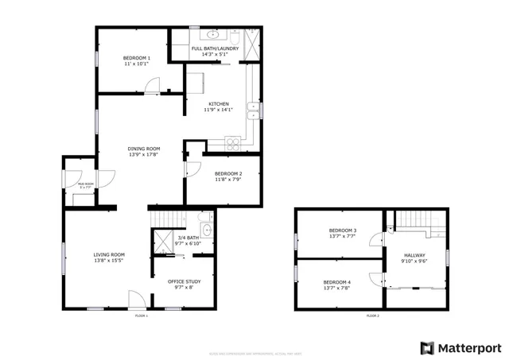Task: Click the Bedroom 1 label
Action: pos(137,58)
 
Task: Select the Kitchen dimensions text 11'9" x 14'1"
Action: pos(220,110)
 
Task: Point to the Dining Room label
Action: pos(144,149)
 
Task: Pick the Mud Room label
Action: pos(85,184)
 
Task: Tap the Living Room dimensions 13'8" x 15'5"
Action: pos(109,261)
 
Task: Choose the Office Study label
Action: pos(184,281)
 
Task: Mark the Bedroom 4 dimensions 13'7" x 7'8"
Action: pos(336,288)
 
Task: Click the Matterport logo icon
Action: pos(427,348)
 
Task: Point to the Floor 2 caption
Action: pos(372,315)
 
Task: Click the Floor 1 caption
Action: pos(142,315)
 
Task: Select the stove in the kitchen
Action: pos(234,144)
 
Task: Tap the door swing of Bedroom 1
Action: pos(153,85)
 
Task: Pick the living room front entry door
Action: pos(137,300)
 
